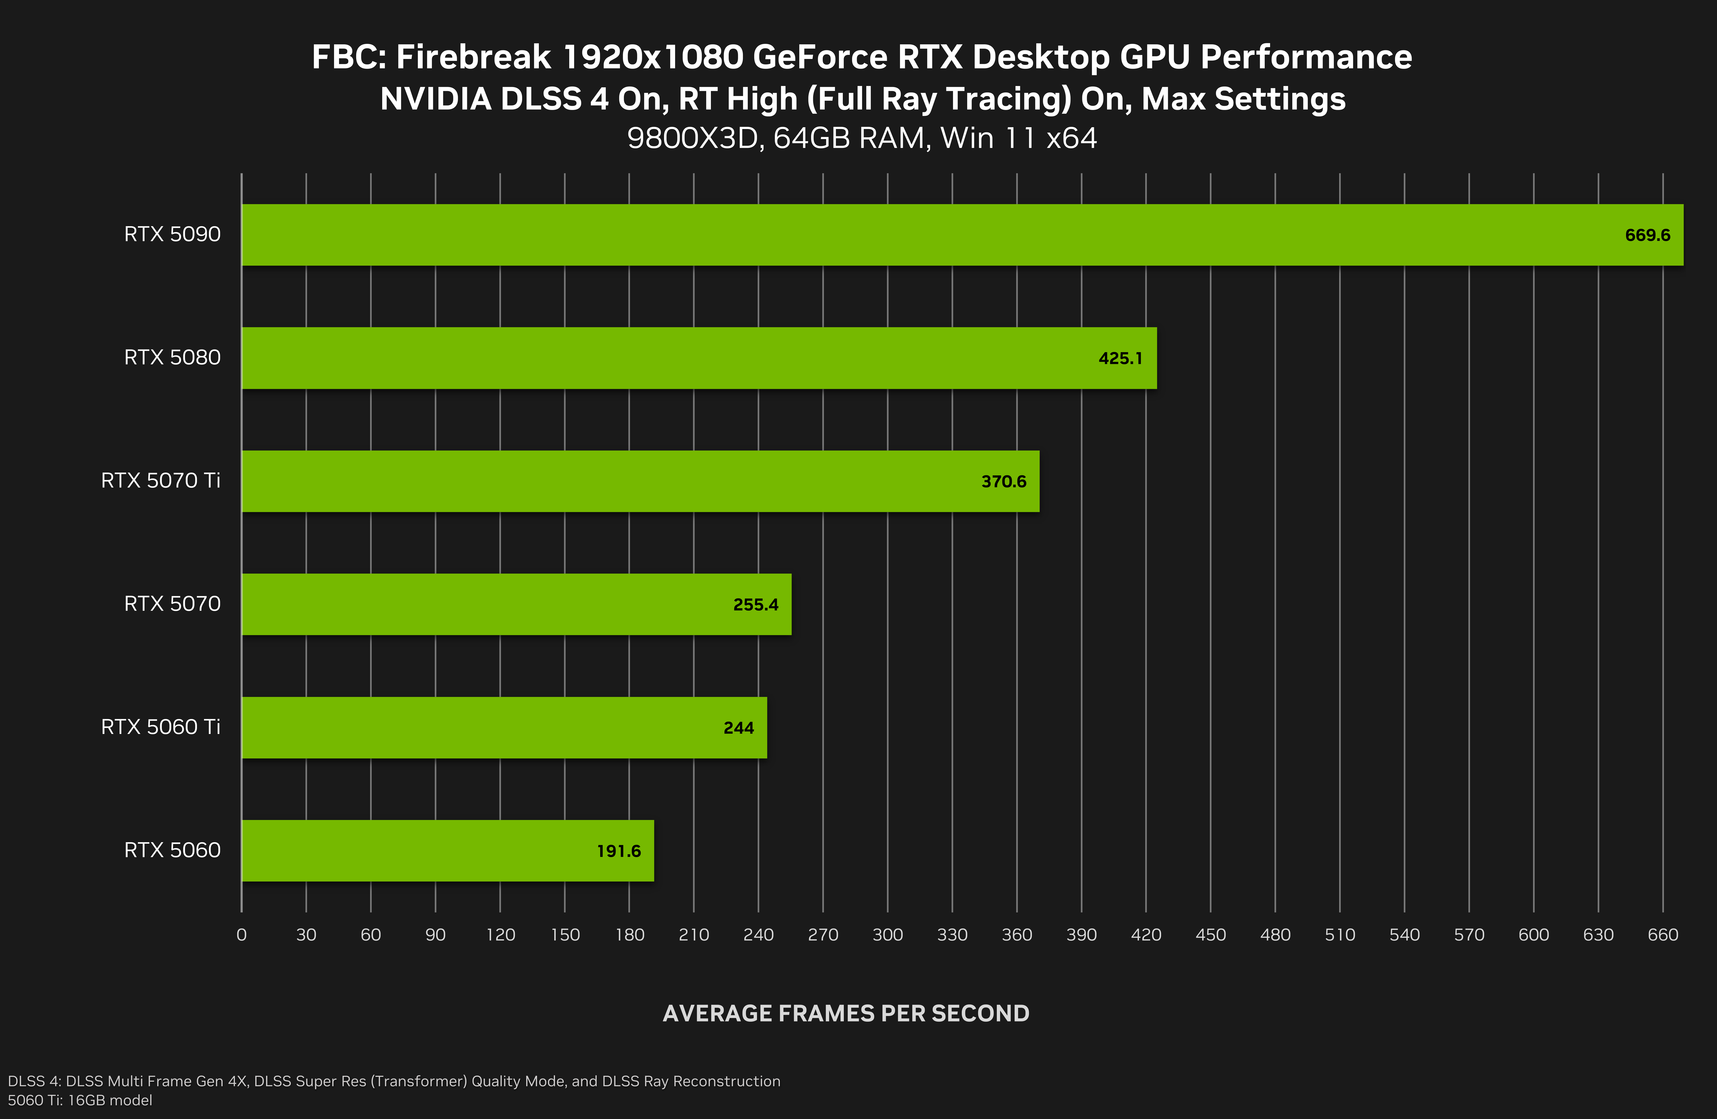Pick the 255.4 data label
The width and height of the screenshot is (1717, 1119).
point(755,605)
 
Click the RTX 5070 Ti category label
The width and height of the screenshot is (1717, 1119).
point(160,481)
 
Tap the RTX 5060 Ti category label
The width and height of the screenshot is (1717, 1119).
point(160,727)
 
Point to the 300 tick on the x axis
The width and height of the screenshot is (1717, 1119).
point(887,935)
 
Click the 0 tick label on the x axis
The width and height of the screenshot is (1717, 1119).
point(242,935)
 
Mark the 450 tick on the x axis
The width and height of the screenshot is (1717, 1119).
point(1211,935)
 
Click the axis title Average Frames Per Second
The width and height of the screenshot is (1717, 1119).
point(846,1014)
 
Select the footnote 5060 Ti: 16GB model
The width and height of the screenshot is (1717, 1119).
point(80,1100)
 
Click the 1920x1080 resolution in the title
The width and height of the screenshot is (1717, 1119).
point(652,57)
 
